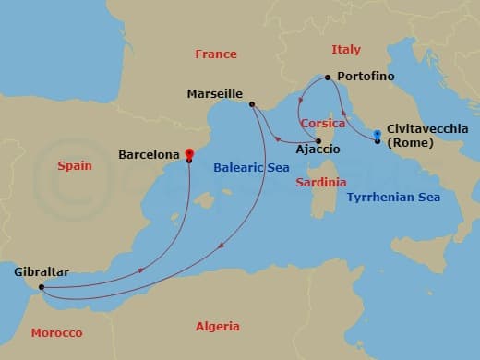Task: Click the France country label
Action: point(216,54)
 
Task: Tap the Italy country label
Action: point(346,49)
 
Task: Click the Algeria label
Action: point(218,326)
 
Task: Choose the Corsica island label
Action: point(322,123)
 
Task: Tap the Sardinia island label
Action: point(321,183)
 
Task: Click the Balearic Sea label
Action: point(251,168)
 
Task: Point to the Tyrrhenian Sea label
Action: point(393,197)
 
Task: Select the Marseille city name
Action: point(214,94)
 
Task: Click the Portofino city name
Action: point(366,75)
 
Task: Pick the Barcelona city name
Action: point(148,156)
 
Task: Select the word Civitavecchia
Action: point(426,130)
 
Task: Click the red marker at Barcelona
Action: point(189,153)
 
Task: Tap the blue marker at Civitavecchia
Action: point(378,135)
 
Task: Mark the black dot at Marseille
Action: point(252,104)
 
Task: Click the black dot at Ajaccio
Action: point(318,140)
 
